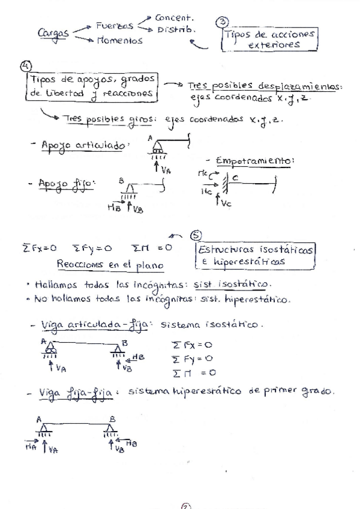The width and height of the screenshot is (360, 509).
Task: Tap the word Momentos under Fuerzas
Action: click(119, 41)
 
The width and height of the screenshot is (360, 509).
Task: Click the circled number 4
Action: click(26, 66)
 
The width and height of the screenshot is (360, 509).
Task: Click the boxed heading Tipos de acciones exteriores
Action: click(269, 40)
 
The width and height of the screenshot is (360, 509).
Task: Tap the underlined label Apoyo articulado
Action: click(83, 146)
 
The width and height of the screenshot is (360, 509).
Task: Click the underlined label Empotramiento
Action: click(254, 161)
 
